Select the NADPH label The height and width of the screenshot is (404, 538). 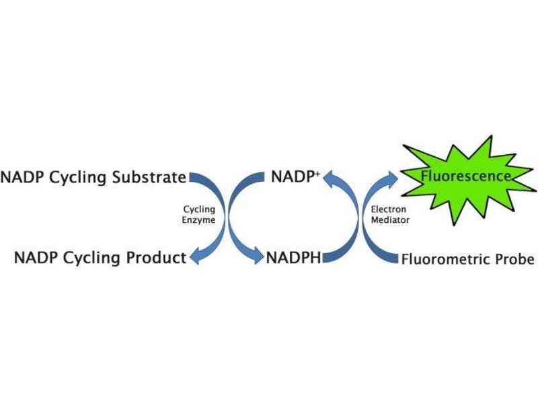pos(293,257)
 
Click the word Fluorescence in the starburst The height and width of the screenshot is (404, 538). pos(465,176)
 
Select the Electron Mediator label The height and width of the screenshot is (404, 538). pos(389,214)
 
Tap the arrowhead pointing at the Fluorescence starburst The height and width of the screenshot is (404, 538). pos(391,178)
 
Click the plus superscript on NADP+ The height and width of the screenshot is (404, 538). pos(317,173)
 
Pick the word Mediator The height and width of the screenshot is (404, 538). pos(389,220)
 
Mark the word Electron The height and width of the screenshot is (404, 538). pos(389,209)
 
